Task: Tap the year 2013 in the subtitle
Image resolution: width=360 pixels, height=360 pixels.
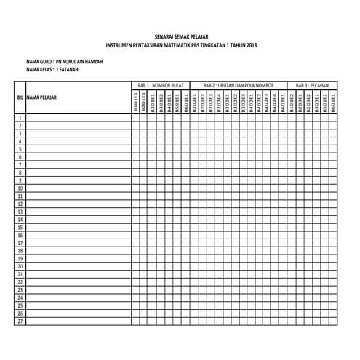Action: (x=250, y=45)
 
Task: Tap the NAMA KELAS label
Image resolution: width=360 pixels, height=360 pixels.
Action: (x=39, y=71)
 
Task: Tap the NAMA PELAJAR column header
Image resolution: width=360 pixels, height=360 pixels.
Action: (x=41, y=97)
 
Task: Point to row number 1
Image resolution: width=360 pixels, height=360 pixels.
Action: (x=20, y=117)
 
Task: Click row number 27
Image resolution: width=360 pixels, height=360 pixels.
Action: (x=20, y=321)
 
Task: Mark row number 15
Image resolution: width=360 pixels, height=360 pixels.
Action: (x=20, y=227)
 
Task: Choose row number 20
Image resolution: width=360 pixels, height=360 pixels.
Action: (x=20, y=266)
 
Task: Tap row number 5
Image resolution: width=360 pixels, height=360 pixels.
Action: (x=20, y=148)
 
